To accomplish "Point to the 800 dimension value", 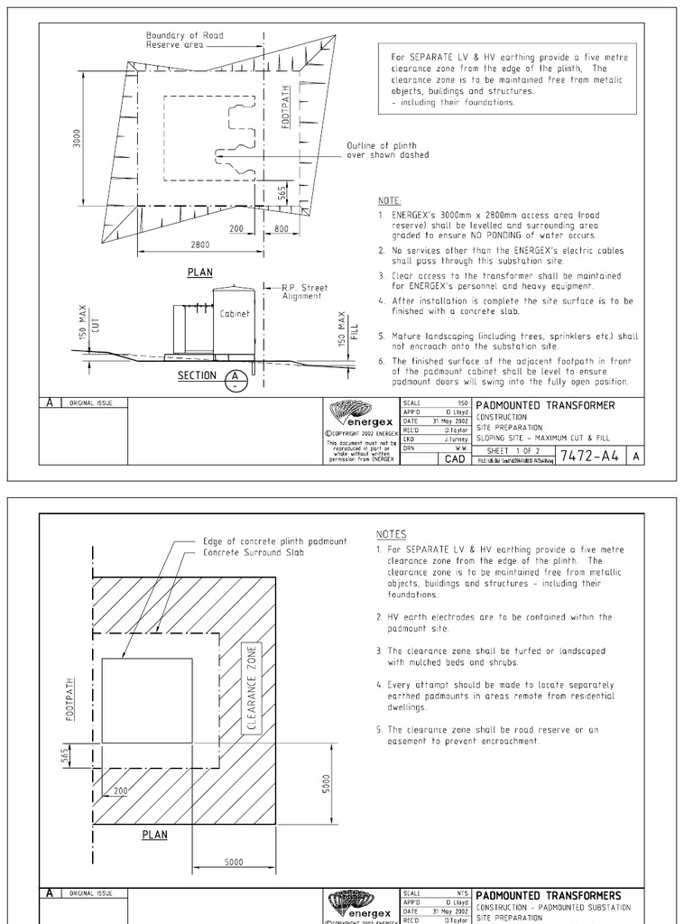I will pos(281,229).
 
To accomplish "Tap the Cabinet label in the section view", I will pos(233,313).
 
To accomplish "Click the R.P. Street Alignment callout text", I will pos(305,291).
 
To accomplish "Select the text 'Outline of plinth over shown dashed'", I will pos(388,150).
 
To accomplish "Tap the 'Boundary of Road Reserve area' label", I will pos(185,40).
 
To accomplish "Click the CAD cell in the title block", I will pos(454,458).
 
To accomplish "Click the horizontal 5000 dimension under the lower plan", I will pos(233,862).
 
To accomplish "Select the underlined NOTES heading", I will pos(391,533).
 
